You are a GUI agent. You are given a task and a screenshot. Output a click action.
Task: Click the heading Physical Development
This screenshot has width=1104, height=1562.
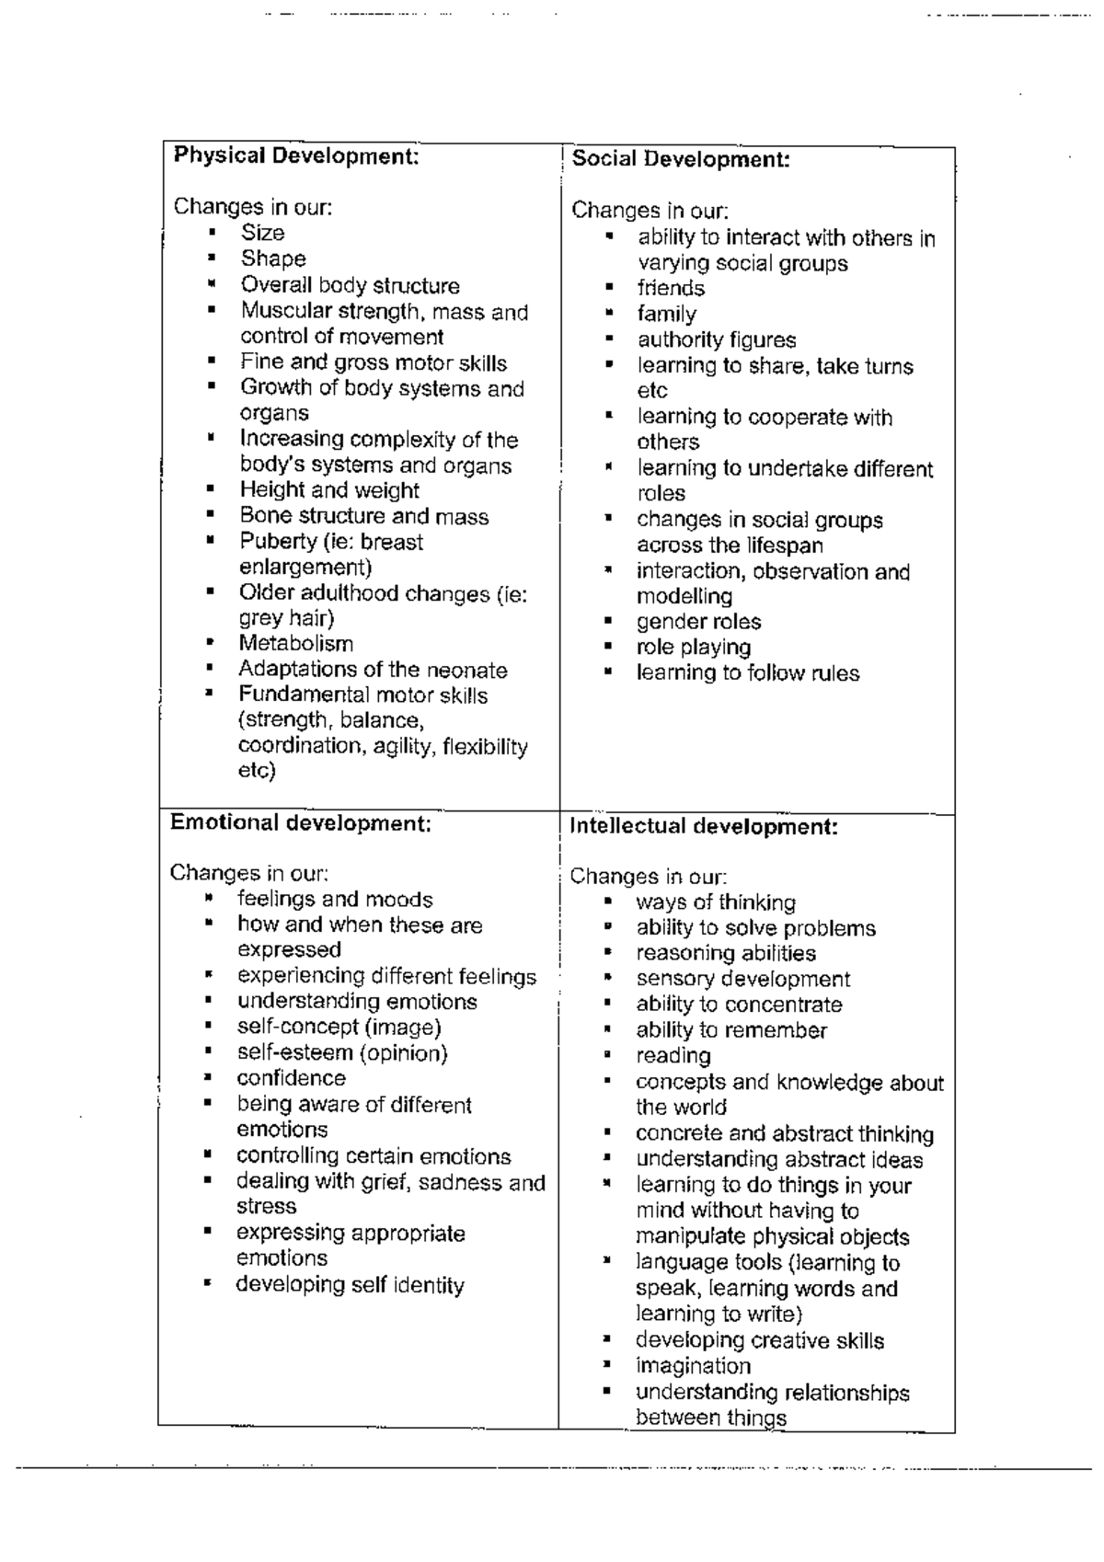coord(296,155)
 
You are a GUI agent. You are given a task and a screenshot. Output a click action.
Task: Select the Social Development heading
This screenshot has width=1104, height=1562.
coord(681,159)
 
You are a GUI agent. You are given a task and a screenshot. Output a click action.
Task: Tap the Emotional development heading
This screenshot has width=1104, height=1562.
coord(301,822)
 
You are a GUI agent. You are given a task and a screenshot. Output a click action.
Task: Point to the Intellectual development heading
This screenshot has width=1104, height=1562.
coord(704,826)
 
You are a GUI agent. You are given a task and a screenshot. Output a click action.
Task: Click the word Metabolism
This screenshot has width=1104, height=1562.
coord(295,644)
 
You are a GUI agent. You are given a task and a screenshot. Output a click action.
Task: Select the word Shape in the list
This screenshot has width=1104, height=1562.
coord(273,259)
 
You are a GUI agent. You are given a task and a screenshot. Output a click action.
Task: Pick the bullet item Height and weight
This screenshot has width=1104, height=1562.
coord(329,490)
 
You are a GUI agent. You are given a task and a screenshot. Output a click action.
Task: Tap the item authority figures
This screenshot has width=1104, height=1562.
coord(717,340)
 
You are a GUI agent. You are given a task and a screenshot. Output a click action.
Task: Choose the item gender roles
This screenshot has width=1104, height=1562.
coord(698,622)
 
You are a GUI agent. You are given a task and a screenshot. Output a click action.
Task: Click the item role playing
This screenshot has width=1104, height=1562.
coord(694,648)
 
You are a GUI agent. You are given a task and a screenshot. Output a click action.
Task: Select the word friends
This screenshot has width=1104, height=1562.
coord(671,288)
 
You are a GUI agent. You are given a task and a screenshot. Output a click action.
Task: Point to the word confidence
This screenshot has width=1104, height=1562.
coord(291,1078)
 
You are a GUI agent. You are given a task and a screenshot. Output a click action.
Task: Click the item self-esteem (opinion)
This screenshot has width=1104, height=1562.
coord(342,1052)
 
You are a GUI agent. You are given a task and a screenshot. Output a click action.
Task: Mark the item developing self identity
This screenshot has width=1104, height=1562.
coord(350,1285)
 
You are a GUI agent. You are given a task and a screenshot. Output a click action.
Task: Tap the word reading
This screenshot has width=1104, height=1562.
coord(673,1056)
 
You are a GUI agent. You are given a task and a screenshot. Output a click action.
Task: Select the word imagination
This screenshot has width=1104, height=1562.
coord(693,1366)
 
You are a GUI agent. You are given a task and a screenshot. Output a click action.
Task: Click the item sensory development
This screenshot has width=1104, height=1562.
coord(742,980)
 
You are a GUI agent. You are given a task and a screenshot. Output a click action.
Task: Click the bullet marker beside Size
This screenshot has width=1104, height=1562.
coord(212,233)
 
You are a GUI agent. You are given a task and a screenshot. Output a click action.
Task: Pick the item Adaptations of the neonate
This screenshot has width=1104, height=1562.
coord(373,670)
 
